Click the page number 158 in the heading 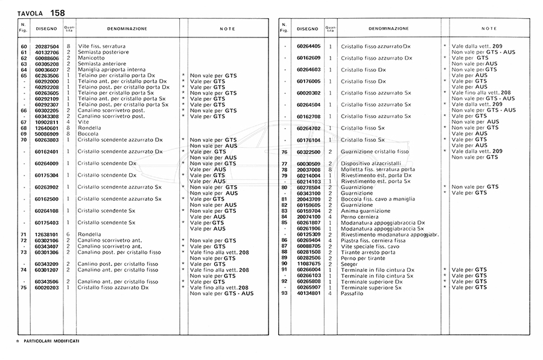coord(58,13)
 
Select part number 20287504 coord(47,46)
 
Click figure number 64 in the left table coord(24,69)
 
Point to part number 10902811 coord(47,122)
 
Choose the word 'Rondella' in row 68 coord(89,128)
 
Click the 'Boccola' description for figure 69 coord(88,133)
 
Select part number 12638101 coord(47,234)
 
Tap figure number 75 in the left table coord(24,288)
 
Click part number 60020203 coord(47,288)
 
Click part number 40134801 coord(308,293)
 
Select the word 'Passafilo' coord(352,293)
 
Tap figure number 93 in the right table coord(284,293)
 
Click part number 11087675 coord(308,264)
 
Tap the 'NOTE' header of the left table coord(227,28)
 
